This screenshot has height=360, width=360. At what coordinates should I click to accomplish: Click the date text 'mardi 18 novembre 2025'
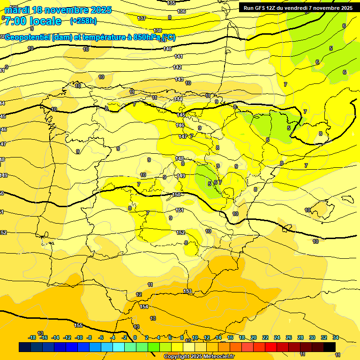click(x=58, y=10)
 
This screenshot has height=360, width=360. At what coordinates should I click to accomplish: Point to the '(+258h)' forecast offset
click(x=83, y=21)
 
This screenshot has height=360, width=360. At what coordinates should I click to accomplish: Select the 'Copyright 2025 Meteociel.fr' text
click(x=199, y=356)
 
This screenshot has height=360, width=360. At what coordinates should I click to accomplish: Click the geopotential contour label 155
click(x=78, y=325)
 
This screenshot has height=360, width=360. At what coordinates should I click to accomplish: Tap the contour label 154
click(x=144, y=307)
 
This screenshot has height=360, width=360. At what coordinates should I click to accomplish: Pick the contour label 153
click(x=187, y=292)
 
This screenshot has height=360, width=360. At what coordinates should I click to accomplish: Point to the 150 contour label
click(x=177, y=195)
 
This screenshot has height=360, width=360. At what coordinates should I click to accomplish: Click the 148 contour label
click(x=180, y=158)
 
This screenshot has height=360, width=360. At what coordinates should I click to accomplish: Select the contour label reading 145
click(x=181, y=115)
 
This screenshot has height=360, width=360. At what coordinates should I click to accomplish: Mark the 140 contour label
click(x=167, y=49)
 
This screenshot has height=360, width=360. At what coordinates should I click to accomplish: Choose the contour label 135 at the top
click(x=171, y=3)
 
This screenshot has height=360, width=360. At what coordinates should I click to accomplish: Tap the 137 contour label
click(x=142, y=18)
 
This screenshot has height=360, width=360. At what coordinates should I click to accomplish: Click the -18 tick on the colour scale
click(x=32, y=337)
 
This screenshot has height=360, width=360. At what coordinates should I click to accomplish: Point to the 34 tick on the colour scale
click(x=336, y=337)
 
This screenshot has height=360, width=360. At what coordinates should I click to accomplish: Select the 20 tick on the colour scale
click(x=254, y=337)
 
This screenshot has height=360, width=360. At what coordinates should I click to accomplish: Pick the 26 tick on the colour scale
click(x=289, y=337)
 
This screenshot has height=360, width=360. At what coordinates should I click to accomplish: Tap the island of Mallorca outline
click(x=320, y=209)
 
